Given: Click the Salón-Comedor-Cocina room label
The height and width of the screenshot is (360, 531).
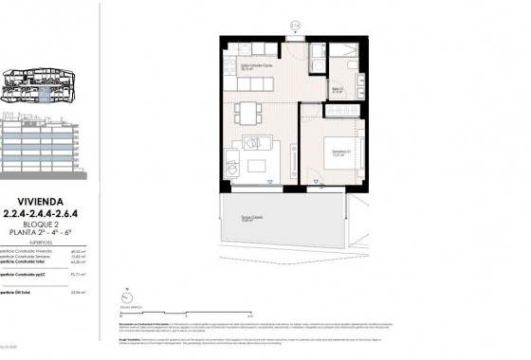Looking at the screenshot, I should [x=241, y=67].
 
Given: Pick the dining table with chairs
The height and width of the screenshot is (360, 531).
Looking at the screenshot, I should [x=248, y=112].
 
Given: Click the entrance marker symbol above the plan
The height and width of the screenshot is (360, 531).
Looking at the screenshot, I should [x=294, y=27].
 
